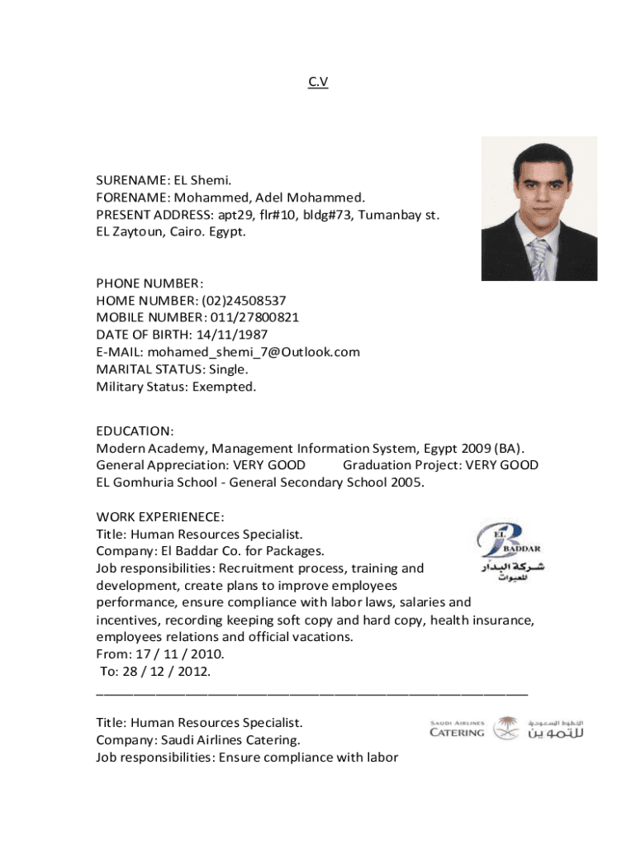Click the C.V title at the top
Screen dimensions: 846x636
tap(318, 82)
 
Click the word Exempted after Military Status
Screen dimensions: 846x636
tap(224, 387)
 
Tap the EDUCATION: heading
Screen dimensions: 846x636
tap(135, 431)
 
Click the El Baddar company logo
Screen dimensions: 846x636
tap(509, 551)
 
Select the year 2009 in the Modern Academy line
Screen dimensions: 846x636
tap(474, 449)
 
